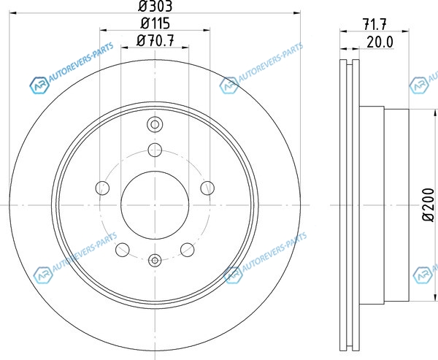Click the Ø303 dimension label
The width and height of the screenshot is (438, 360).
coord(155,6)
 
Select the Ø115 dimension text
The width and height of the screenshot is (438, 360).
coord(155,23)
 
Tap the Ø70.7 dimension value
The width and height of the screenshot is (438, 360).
coord(155,41)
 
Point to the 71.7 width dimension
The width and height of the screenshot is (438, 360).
coord(374,24)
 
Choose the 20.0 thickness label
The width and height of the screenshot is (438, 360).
coord(380,42)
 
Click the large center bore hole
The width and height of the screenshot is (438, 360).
coord(155,205)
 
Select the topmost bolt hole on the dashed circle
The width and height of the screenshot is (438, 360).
coord(155,150)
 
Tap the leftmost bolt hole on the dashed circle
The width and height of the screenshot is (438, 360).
coord(102,188)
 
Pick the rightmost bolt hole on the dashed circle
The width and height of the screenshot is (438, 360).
coord(207,188)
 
